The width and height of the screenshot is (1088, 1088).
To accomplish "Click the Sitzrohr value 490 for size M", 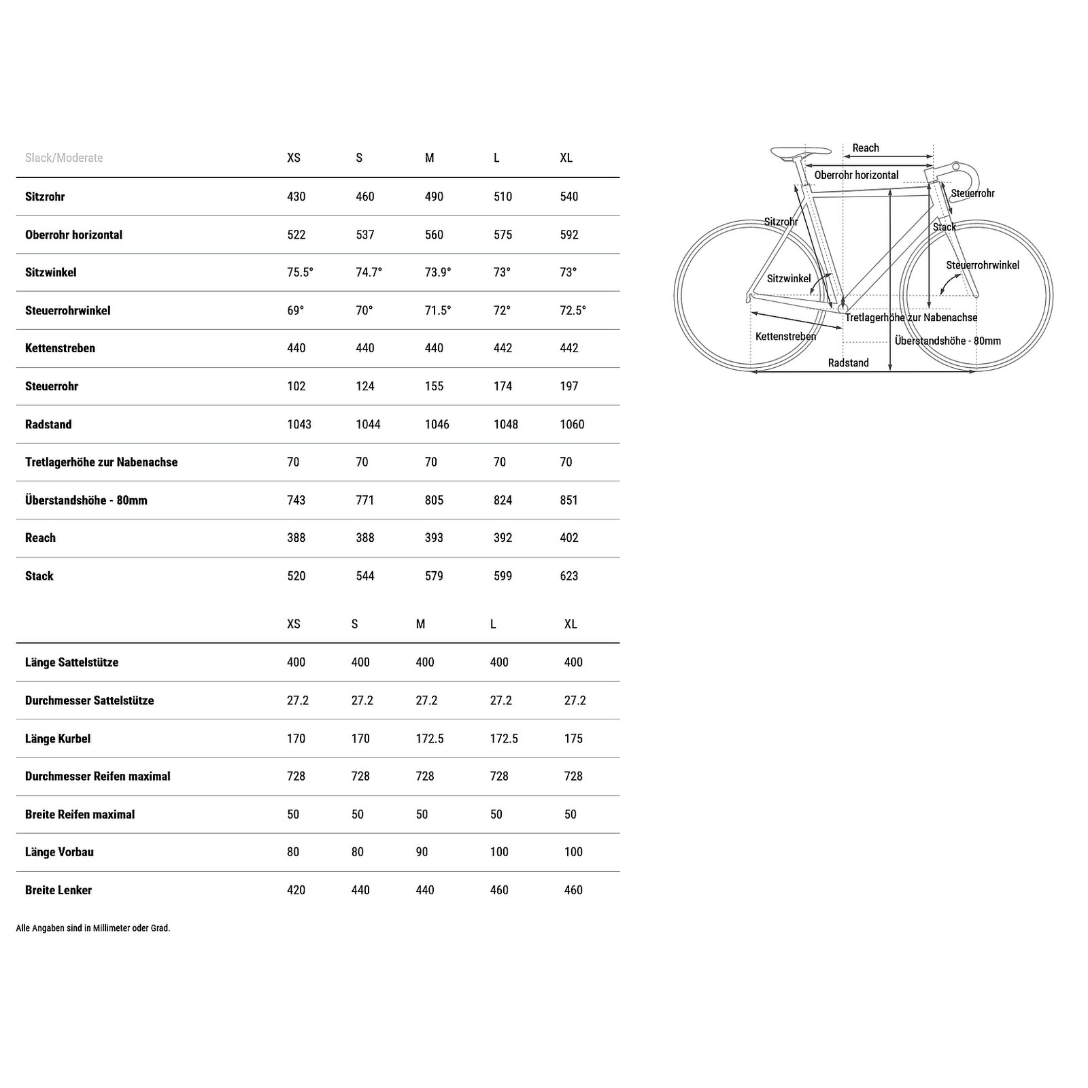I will tap(433, 197).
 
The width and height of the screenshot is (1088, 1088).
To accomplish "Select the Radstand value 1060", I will tap(572, 424).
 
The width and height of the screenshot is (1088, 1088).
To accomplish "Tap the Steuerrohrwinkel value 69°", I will tap(295, 311).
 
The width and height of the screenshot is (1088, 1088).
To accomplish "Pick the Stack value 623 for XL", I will tap(569, 576).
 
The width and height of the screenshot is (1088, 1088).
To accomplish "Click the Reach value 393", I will tap(433, 538).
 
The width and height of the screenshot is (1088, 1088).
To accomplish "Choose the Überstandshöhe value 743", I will tap(296, 500).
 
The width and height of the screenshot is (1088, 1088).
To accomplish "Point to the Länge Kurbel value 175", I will tap(573, 738).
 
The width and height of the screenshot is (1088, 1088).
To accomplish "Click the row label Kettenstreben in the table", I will tap(60, 348).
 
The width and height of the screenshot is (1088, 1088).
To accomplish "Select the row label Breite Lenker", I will tap(58, 890).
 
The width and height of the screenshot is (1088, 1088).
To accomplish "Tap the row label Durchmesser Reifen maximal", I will tap(97, 777).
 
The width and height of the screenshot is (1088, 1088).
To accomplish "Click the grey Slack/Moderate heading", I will tap(64, 158).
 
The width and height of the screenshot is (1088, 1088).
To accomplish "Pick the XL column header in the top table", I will tap(566, 158).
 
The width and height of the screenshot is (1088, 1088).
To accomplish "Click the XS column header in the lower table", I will tap(293, 624).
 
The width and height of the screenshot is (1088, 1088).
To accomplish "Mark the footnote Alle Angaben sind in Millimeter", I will tap(93, 928).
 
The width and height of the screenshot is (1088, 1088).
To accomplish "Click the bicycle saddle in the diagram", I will tap(800, 152).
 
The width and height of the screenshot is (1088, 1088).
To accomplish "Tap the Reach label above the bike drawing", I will tap(866, 148).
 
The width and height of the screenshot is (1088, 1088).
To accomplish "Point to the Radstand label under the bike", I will tap(848, 363).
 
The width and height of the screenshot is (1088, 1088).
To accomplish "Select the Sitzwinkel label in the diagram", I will tap(789, 279).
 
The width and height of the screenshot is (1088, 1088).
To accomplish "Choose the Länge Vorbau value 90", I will tap(422, 852).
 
